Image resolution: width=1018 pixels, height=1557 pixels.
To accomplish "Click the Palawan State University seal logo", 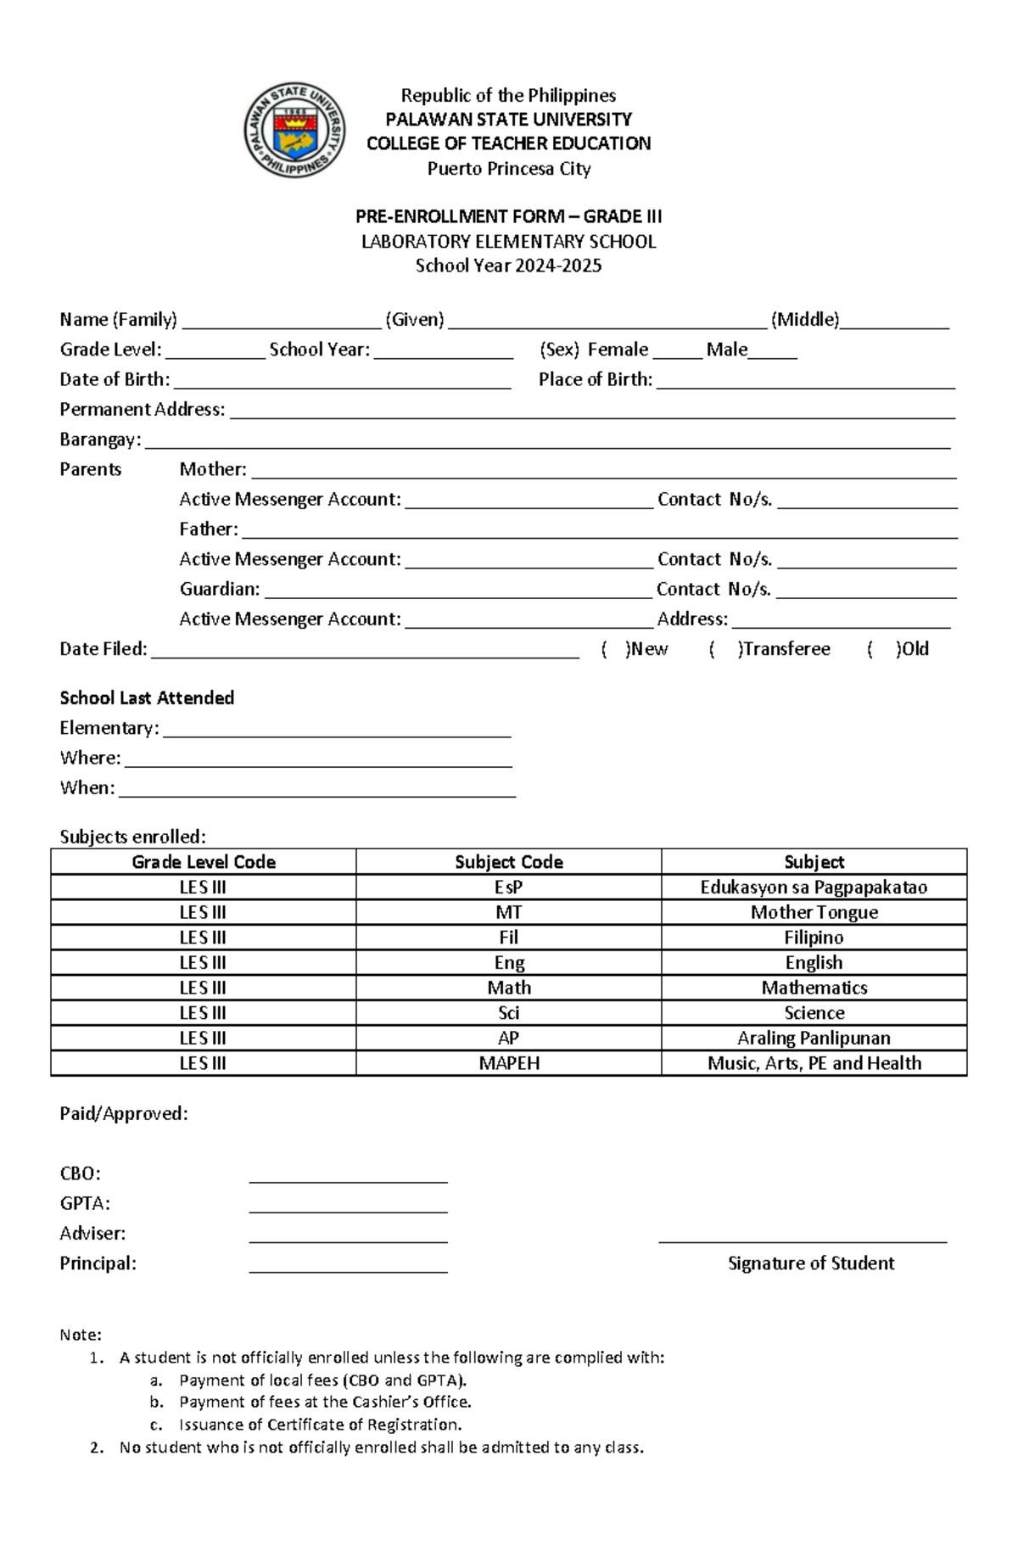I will tap(294, 131).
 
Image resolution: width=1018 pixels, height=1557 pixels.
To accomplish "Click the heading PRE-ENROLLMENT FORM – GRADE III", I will tap(508, 216).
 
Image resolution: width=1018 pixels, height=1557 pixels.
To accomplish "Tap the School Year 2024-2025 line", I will tap(508, 266).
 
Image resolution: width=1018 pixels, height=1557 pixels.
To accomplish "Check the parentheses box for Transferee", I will tap(726, 649).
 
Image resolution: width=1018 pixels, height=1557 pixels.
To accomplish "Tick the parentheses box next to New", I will tap(615, 649).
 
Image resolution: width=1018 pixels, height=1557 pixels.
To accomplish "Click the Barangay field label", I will tap(100, 440).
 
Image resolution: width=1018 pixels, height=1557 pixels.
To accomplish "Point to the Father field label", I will tap(208, 529).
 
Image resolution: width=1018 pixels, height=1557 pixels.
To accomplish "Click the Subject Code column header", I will tap(508, 862).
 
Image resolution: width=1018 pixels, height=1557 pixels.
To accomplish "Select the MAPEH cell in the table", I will tap(508, 1063).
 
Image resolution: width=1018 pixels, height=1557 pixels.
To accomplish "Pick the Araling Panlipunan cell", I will tap(814, 1038).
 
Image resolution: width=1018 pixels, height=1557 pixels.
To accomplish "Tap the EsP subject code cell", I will tap(508, 888).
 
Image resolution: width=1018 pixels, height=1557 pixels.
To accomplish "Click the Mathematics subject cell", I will tap(814, 988).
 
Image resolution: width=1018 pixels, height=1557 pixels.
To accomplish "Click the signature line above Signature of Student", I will tap(803, 1241).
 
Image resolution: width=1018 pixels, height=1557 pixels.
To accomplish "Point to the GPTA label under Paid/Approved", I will tap(85, 1203).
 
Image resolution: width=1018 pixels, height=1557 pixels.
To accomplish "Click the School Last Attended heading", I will tap(147, 698).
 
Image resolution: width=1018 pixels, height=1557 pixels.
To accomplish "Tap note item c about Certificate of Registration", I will tap(320, 1425).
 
